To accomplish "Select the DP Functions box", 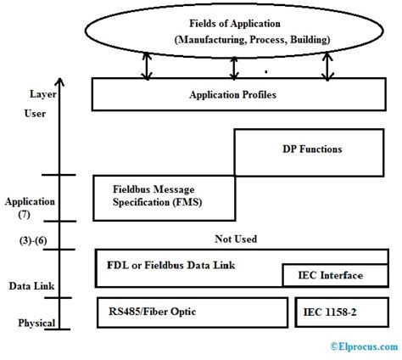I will (x=312, y=149).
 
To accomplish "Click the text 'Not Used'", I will (x=235, y=239).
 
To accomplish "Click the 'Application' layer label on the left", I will (x=30, y=202).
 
